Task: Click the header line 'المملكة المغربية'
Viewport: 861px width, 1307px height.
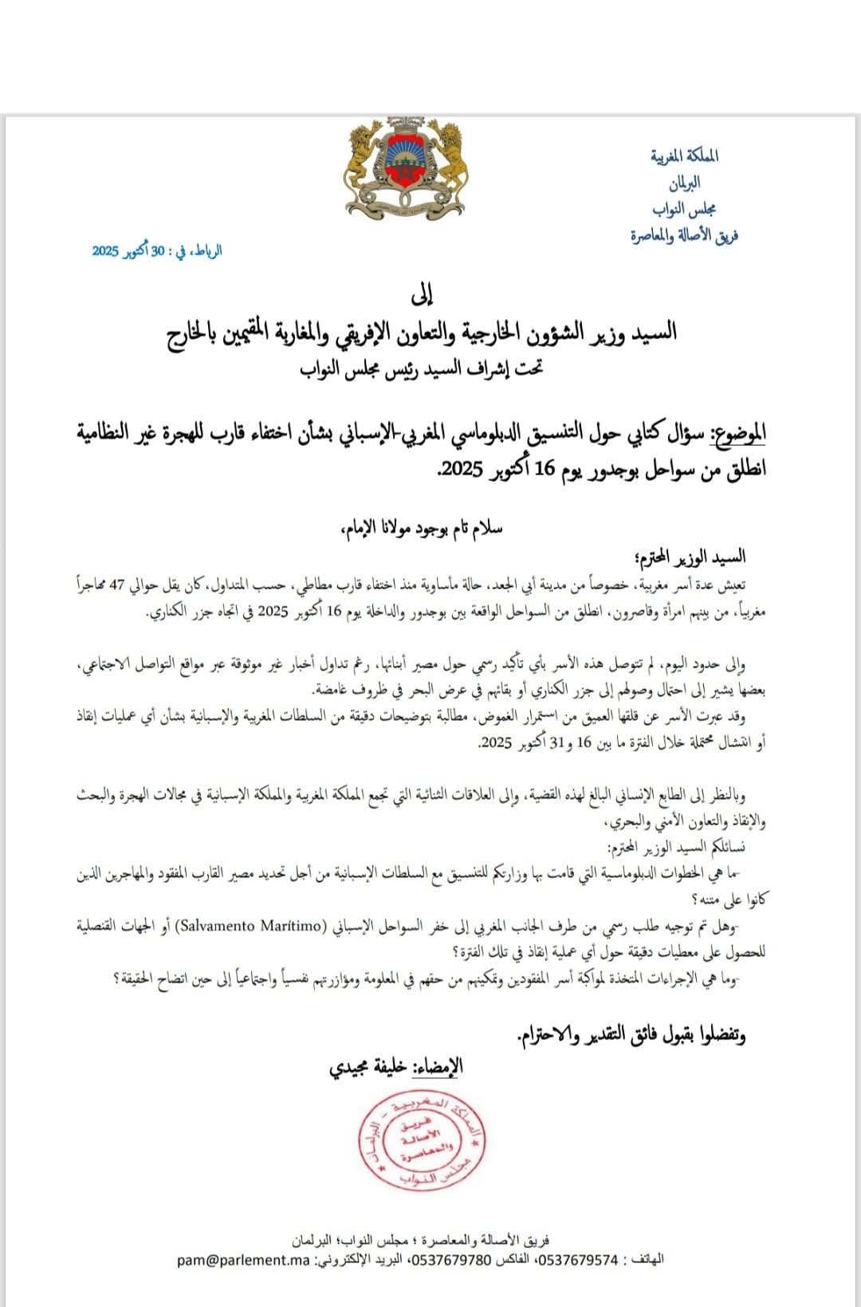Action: (684, 156)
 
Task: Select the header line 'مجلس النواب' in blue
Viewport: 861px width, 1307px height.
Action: (684, 209)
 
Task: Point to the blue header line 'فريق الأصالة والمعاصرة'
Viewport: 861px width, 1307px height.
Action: (684, 236)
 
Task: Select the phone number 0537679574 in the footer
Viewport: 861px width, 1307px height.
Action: (578, 1261)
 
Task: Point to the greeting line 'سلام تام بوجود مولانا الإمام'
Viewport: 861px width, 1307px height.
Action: (422, 528)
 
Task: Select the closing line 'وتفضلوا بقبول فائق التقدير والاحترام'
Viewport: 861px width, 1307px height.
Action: (632, 1036)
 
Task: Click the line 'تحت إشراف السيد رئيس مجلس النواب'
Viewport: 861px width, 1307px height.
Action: (422, 369)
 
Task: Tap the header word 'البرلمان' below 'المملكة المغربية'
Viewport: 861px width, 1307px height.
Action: (684, 183)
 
